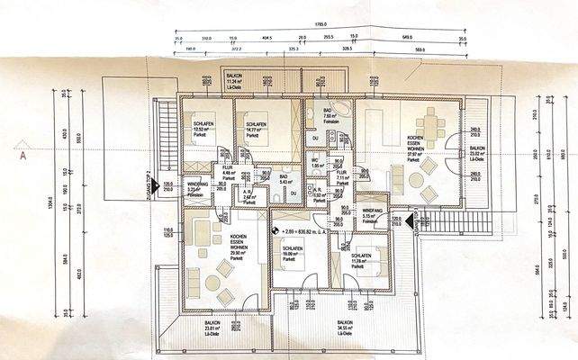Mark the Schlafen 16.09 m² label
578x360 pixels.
(x=291, y=253)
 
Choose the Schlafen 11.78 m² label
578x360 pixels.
(x=357, y=261)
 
